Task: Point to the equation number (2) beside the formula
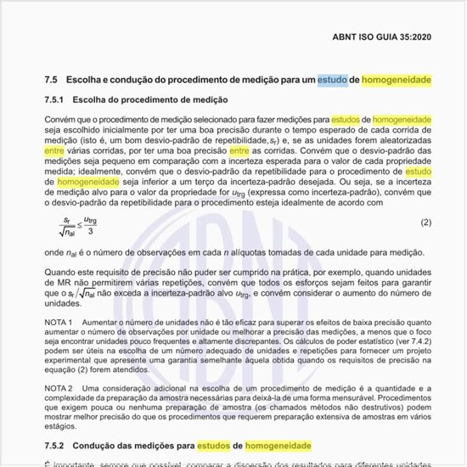426,222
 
